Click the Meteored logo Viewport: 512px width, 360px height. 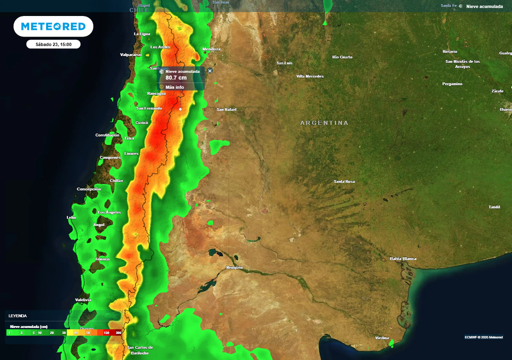(x=53, y=26)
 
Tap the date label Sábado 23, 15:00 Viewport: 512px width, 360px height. (x=53, y=44)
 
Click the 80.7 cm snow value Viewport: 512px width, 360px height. (x=176, y=78)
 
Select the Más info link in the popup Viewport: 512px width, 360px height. (x=174, y=87)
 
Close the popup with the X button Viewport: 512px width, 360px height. (x=210, y=71)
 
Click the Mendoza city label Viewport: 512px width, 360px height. (x=211, y=49)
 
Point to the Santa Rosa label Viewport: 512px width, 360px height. (x=344, y=181)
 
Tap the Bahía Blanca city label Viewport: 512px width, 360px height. (x=403, y=258)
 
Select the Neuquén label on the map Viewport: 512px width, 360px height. (x=234, y=267)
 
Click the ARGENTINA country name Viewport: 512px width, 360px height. (x=324, y=122)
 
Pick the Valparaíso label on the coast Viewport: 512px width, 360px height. (x=131, y=54)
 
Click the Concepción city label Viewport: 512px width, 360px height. (x=89, y=189)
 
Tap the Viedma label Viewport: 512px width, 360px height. (x=382, y=338)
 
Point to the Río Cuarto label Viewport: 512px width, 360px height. (x=342, y=57)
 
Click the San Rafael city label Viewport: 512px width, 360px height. (x=226, y=109)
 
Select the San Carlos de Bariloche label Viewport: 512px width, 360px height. (x=140, y=350)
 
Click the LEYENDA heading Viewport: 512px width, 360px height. (x=17, y=316)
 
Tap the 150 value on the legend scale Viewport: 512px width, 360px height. (x=106, y=332)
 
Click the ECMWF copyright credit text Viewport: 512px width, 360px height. (x=483, y=337)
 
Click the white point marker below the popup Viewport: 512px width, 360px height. (x=180, y=109)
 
